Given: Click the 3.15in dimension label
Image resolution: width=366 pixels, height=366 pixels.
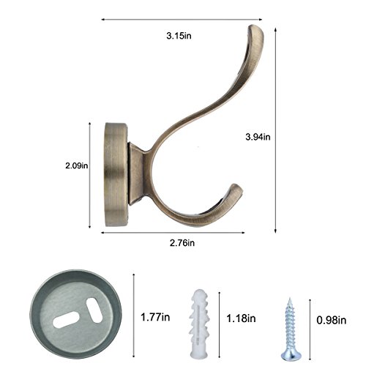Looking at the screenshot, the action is pos(179,36).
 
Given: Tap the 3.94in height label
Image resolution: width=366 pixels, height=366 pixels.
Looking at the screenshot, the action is pos(258,137).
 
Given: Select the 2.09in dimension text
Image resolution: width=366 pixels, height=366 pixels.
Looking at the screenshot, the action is pos(77,165).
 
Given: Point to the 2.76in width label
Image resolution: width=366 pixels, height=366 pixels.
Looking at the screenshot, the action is pos(182,243).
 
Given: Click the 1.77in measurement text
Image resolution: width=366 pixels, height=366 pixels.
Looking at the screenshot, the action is pos(155,317).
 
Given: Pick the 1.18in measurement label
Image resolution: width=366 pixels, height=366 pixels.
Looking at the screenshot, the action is pos(241,318).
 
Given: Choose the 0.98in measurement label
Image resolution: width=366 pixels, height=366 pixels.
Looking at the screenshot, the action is pos(332,320).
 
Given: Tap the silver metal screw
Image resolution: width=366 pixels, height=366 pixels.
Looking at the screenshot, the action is pos(291,329).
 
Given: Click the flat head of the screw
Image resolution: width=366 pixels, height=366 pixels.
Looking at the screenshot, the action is pos(291,355).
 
